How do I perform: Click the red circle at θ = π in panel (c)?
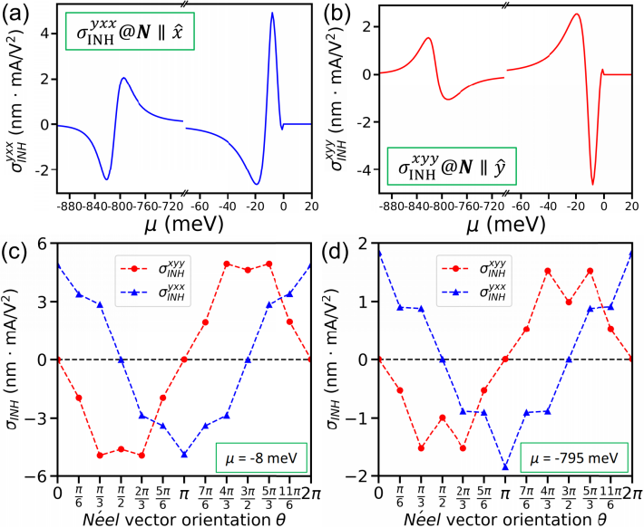pyautogui.click(x=184, y=360)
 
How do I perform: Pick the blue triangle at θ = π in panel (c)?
pyautogui.click(x=184, y=454)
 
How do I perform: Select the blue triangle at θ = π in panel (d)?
pyautogui.click(x=504, y=467)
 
